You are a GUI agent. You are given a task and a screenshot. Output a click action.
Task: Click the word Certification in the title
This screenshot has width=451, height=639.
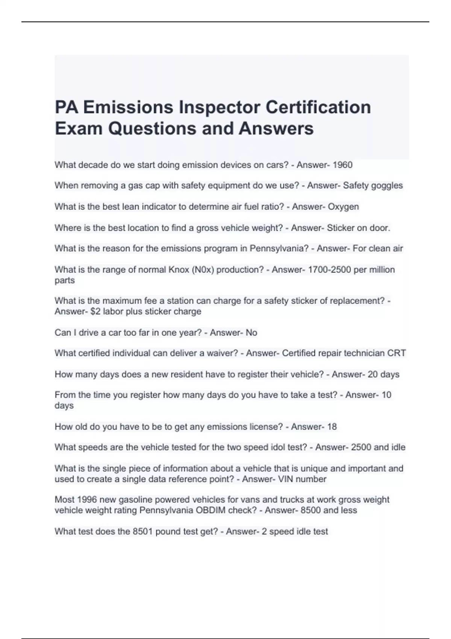coord(318,107)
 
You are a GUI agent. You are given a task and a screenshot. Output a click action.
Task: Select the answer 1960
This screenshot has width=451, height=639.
coord(343,165)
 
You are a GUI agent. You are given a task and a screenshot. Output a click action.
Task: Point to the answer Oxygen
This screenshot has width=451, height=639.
coord(343,207)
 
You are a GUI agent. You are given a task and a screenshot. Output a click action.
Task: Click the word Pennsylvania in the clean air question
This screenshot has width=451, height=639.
coord(279,248)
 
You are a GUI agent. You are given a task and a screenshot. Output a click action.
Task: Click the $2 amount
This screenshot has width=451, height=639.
coord(95,312)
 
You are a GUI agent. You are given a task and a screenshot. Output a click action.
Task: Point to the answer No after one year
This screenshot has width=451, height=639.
coord(251,333)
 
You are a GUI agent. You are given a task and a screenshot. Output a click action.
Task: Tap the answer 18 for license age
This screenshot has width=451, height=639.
coord(332,427)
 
